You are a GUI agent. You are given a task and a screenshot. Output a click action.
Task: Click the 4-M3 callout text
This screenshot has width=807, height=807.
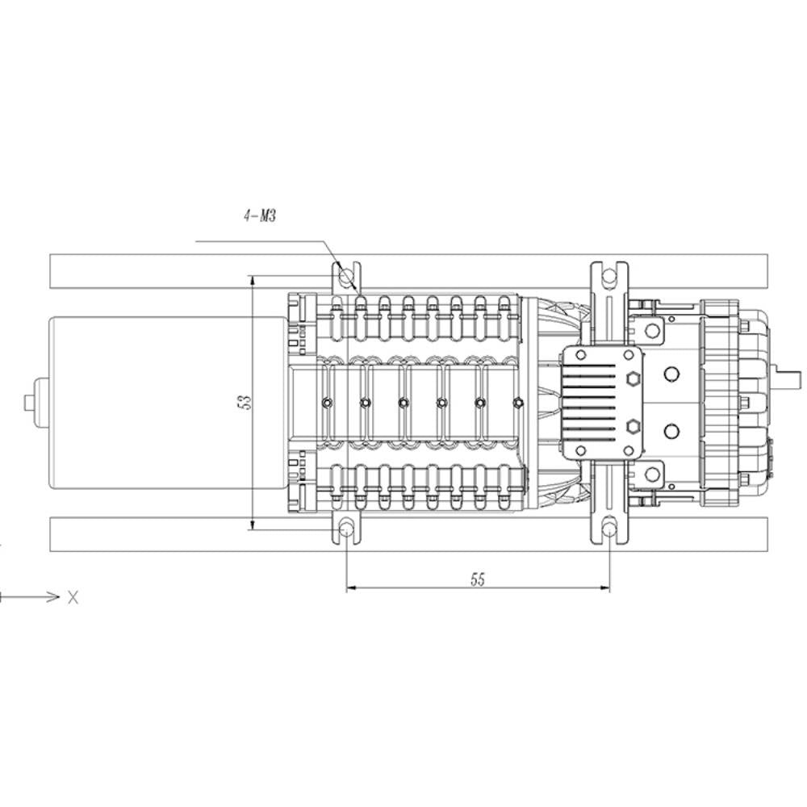(260, 215)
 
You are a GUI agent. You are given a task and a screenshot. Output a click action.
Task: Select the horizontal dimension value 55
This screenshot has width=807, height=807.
(478, 579)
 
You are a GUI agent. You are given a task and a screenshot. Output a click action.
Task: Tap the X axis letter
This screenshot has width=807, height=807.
(73, 597)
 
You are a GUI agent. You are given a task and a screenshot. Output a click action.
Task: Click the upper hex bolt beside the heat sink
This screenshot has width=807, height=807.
(632, 378)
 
